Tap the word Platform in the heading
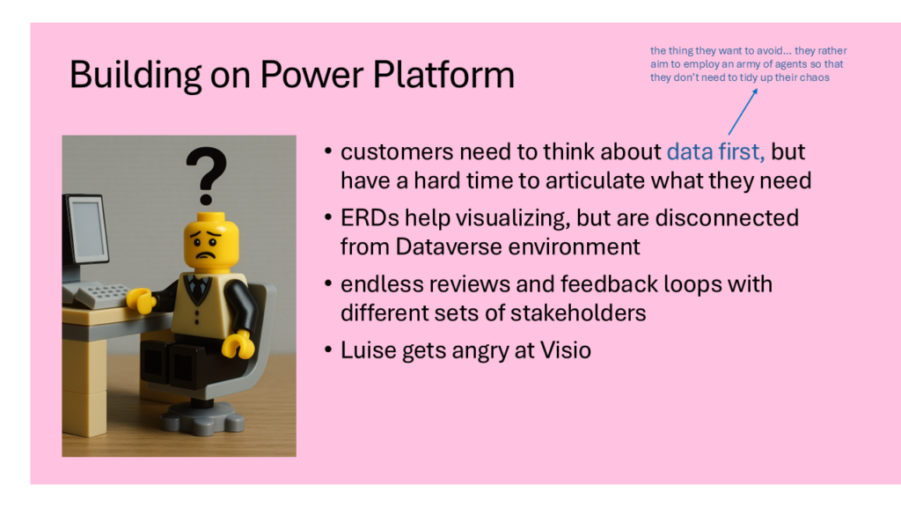[x=443, y=75]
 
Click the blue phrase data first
[x=715, y=151]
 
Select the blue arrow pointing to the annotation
[x=743, y=112]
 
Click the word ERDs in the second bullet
[x=370, y=218]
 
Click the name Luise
[x=368, y=350]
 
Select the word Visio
[x=566, y=350]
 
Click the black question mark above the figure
[x=206, y=176]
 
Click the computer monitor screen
[x=89, y=228]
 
